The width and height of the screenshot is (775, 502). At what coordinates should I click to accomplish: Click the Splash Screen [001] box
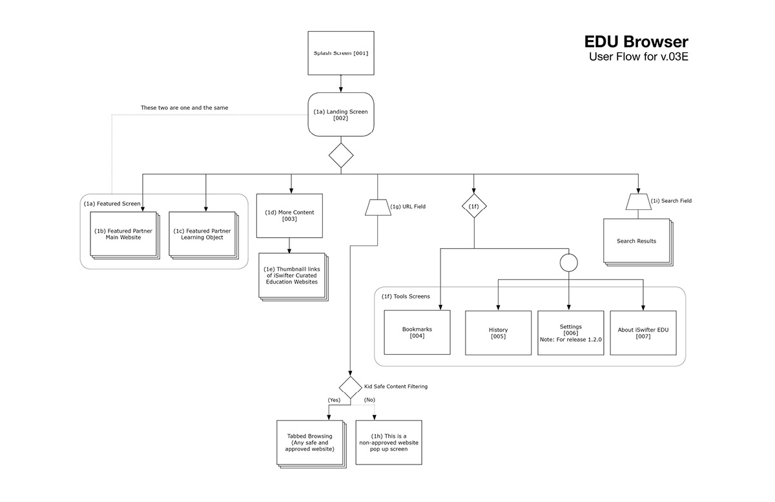pyautogui.click(x=341, y=53)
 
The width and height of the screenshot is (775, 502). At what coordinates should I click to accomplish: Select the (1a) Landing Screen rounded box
pyautogui.click(x=341, y=114)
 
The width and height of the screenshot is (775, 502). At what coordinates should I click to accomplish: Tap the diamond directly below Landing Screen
pyautogui.click(x=341, y=156)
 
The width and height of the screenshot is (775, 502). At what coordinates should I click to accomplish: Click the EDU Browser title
pyautogui.click(x=636, y=42)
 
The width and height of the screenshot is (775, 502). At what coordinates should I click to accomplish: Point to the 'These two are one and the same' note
pyautogui.click(x=185, y=107)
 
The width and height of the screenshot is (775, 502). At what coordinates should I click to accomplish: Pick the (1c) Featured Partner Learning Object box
pyautogui.click(x=202, y=234)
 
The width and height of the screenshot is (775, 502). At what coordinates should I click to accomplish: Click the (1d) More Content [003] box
pyautogui.click(x=289, y=215)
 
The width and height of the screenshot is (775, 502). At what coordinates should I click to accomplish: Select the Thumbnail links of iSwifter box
pyautogui.click(x=291, y=275)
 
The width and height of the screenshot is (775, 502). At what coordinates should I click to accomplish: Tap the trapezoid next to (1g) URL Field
pyautogui.click(x=378, y=207)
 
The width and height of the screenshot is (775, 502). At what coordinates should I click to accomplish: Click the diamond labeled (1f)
pyautogui.click(x=473, y=205)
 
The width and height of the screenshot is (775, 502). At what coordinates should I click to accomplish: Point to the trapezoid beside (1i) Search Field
pyautogui.click(x=637, y=202)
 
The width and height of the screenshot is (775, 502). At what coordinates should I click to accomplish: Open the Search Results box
pyautogui.click(x=636, y=241)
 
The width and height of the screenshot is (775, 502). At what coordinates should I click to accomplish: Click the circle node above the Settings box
pyautogui.click(x=568, y=263)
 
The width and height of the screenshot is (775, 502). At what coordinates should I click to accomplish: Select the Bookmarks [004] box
pyautogui.click(x=417, y=332)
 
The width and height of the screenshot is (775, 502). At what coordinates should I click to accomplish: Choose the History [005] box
pyautogui.click(x=498, y=333)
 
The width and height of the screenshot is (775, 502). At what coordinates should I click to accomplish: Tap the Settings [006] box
pyautogui.click(x=570, y=333)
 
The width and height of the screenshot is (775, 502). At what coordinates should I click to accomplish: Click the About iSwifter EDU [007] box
pyautogui.click(x=643, y=333)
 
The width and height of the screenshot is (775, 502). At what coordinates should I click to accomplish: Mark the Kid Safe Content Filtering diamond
pyautogui.click(x=350, y=388)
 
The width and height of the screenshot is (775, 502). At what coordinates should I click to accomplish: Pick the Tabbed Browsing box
pyautogui.click(x=309, y=442)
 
